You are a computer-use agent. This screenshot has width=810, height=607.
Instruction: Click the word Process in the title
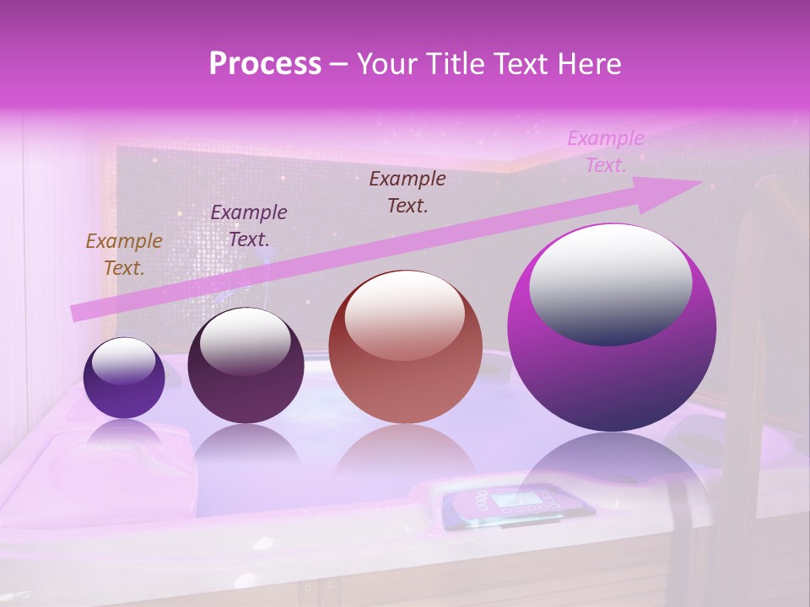(265, 64)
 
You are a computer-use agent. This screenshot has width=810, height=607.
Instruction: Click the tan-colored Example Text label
(124, 255)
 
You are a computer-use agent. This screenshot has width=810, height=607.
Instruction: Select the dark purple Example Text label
(249, 225)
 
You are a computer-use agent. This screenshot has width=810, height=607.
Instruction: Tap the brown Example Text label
(408, 191)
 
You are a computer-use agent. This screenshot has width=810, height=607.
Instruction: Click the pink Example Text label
(605, 152)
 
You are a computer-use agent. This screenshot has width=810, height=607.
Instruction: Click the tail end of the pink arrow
(78, 313)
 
